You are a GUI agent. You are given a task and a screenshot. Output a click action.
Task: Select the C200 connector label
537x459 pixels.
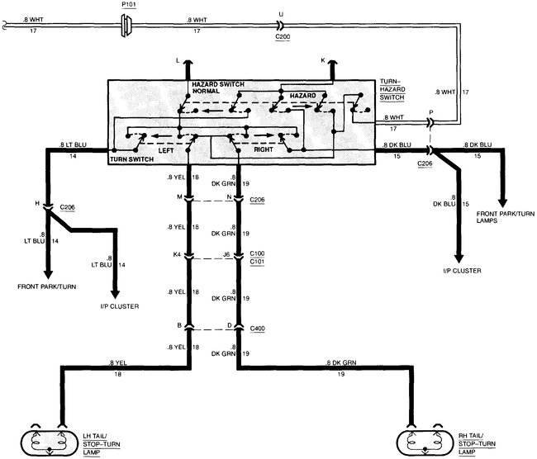tap(281, 38)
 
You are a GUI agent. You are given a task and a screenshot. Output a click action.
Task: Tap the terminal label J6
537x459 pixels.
tap(226, 255)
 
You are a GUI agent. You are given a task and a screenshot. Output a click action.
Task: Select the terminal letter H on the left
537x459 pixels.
tap(36, 203)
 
